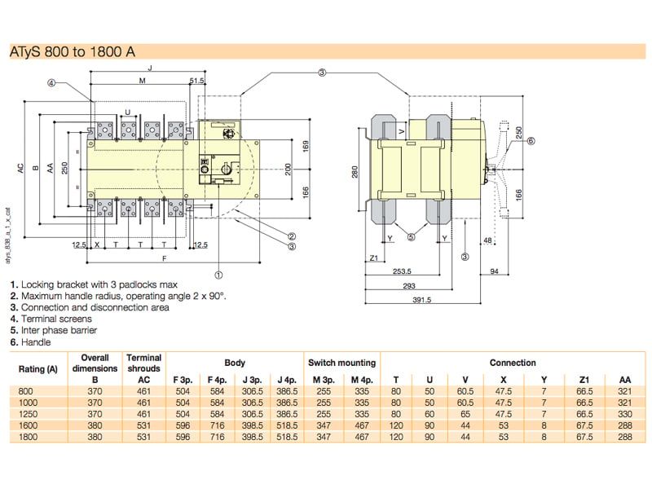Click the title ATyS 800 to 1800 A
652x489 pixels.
[x=73, y=52]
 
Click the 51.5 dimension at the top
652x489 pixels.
[x=196, y=81]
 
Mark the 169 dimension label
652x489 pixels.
[x=306, y=146]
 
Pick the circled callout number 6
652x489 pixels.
[x=531, y=141]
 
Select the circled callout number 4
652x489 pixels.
[x=51, y=82]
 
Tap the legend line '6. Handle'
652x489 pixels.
[x=30, y=342]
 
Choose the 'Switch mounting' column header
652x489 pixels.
[x=341, y=363]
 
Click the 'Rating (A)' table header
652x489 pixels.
[x=37, y=368]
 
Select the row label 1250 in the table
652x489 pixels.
[x=29, y=414]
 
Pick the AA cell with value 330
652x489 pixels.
[x=624, y=414]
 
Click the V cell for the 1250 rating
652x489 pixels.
[x=465, y=414]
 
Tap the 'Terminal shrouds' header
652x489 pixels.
[x=144, y=363]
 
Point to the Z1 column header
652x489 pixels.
[x=584, y=380]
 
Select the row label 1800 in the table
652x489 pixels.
[x=29, y=437]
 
